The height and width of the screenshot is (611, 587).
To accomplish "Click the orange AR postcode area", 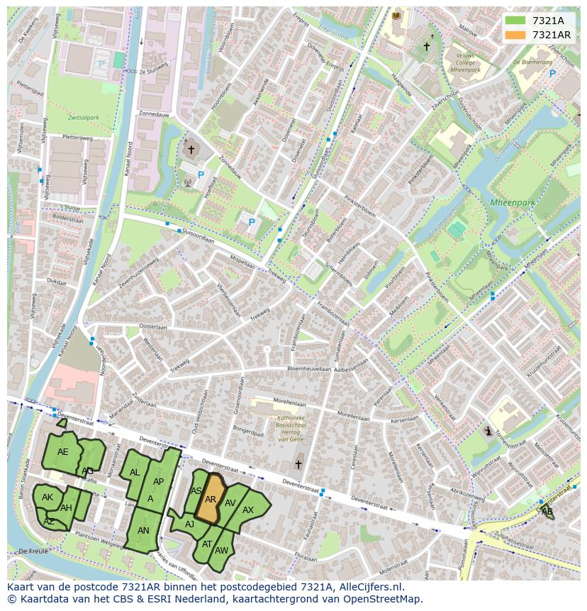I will tap(209, 500).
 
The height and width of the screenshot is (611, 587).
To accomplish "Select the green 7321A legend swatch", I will tap(515, 21).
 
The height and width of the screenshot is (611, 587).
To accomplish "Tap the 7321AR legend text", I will tap(552, 35).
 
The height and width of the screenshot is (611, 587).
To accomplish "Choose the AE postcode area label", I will tap(63, 452).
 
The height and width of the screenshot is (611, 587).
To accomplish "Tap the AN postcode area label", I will tap(143, 530).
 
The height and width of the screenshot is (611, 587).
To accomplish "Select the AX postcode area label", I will tap(248, 510).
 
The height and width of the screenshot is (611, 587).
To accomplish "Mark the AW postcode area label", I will tap(221, 551).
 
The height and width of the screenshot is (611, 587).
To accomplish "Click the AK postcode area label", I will tap(47, 497).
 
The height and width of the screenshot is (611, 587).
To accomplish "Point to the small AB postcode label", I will tap(547, 511).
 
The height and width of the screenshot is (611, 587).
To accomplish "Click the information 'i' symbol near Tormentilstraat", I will tap(488, 431).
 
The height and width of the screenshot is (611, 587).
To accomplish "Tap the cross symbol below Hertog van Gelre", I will tap(298, 465).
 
